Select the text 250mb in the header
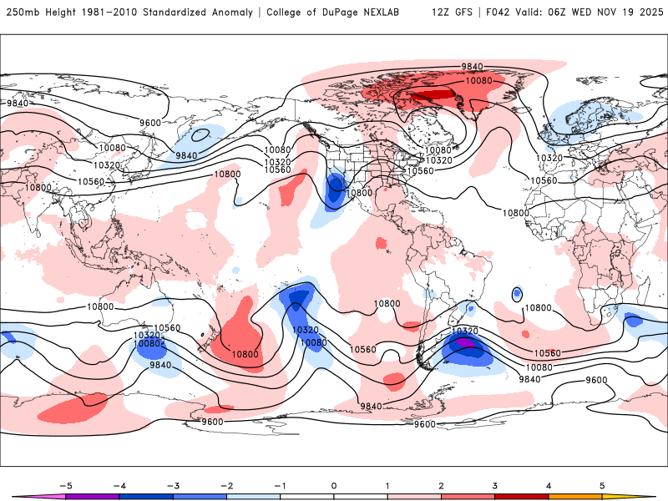point(23,13)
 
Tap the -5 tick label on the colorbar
point(66,484)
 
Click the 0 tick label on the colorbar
point(334,484)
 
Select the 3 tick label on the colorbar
point(495,484)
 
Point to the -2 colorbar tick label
point(226,484)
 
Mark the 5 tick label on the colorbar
point(602,484)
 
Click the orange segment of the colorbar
point(575,496)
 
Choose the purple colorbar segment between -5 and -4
point(93,496)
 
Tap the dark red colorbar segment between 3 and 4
point(522,496)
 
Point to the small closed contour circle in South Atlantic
point(517,293)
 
